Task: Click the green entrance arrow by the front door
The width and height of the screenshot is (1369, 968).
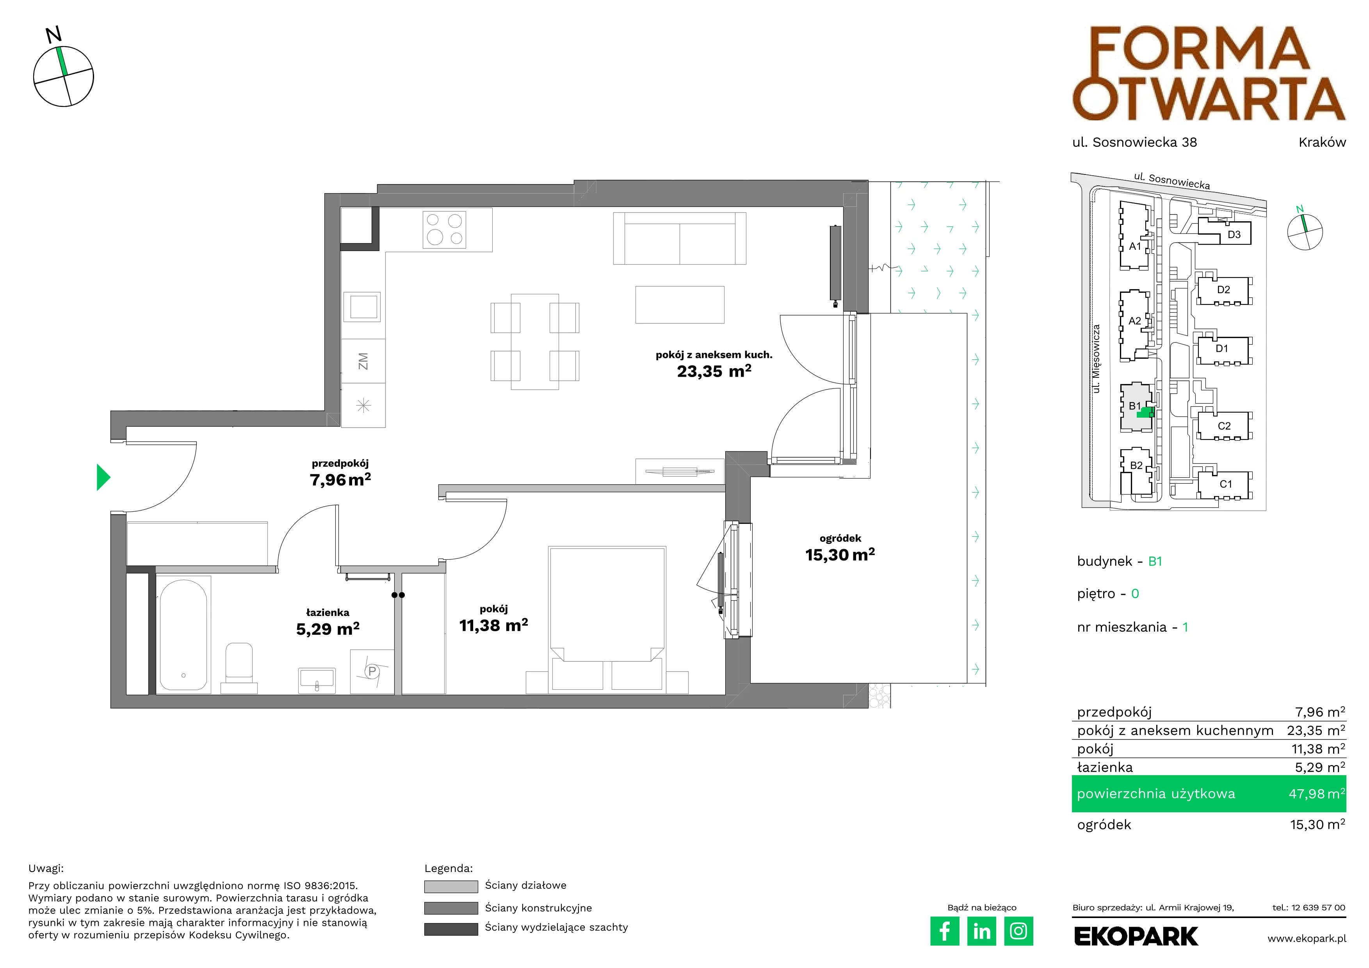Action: [103, 477]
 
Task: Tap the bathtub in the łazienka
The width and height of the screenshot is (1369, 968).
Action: [183, 634]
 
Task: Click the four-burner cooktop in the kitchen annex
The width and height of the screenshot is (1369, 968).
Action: [444, 229]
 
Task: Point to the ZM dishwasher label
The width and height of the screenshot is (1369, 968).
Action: [363, 361]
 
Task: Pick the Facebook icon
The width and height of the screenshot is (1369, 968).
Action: [944, 931]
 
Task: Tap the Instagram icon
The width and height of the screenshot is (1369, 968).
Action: [1018, 931]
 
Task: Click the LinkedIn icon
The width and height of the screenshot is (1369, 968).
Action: [981, 931]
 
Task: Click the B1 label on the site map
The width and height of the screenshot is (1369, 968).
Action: [1134, 406]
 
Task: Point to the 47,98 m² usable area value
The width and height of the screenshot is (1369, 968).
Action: [1317, 794]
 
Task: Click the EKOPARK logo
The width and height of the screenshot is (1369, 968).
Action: [1136, 936]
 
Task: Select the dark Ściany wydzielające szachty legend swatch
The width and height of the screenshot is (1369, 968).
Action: [451, 929]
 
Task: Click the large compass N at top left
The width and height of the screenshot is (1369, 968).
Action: [53, 35]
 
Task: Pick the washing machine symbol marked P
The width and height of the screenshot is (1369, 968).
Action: [372, 672]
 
